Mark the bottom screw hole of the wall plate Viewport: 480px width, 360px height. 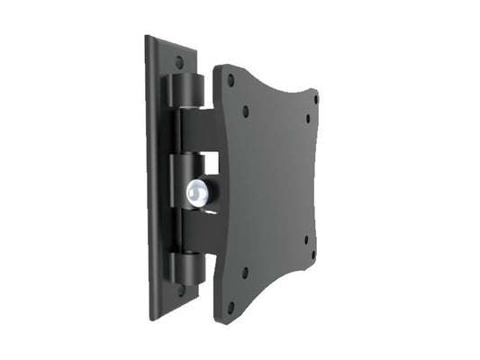click(x=181, y=290)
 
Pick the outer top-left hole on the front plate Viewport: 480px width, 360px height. click(x=230, y=80)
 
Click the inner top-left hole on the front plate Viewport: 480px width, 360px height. click(x=246, y=112)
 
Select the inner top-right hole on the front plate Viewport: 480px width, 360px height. click(x=307, y=118)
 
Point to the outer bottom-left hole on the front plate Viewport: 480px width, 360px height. click(x=231, y=306)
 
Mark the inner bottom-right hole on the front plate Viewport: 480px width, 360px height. click(x=305, y=240)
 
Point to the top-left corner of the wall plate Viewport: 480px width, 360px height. click(x=148, y=38)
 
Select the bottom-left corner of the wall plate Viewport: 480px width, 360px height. click(x=150, y=317)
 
